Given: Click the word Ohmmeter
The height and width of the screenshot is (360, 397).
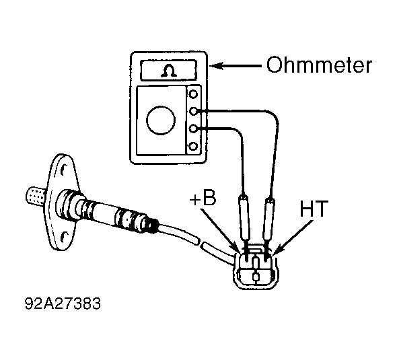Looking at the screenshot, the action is click(x=319, y=65).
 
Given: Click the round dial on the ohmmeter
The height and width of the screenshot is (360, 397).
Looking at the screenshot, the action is click(x=161, y=120).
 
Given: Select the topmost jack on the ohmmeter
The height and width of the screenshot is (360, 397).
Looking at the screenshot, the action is click(x=193, y=94).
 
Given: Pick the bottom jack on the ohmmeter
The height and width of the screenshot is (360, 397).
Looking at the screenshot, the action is click(x=193, y=146).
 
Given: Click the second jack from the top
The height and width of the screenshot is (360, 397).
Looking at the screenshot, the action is click(x=193, y=111).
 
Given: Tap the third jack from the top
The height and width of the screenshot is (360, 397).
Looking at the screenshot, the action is click(x=193, y=129).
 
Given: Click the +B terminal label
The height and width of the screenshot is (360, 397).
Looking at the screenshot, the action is click(x=203, y=199).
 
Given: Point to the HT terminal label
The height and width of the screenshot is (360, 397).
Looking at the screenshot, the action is click(x=314, y=209).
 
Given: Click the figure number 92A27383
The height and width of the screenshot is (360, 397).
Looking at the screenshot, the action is click(x=63, y=303).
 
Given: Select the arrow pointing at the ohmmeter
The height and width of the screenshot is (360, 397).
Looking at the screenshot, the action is click(x=236, y=66).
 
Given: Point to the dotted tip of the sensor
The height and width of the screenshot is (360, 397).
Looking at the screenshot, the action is click(x=36, y=196).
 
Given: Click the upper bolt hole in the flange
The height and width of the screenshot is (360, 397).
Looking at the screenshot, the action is click(x=63, y=169).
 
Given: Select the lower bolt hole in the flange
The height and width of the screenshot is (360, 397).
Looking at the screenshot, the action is click(x=64, y=237).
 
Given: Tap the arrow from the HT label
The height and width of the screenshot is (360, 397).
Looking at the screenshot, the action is click(x=293, y=237).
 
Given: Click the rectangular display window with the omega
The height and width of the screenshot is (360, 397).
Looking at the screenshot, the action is click(x=169, y=71).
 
